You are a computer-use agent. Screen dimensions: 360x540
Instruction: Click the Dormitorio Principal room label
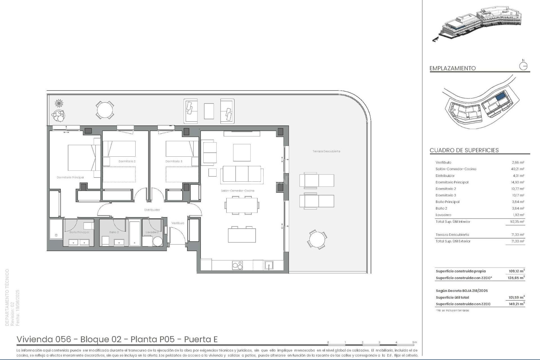pyautogui.click(x=70, y=177)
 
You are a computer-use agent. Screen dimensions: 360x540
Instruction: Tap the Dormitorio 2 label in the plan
pyautogui.click(x=127, y=161)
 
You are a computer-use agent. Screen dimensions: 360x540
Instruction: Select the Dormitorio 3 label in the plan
pyautogui.click(x=174, y=161)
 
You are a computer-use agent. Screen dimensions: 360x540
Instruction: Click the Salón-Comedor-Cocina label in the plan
pyautogui.click(x=237, y=191)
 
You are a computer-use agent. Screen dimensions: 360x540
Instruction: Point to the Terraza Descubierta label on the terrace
pyautogui.click(x=326, y=151)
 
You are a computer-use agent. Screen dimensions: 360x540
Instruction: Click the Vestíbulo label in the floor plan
pyautogui.click(x=178, y=223)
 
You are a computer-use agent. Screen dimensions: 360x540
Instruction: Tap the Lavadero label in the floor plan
pyautogui.click(x=152, y=232)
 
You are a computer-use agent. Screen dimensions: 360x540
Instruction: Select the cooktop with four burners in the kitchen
pyautogui.click(x=237, y=265)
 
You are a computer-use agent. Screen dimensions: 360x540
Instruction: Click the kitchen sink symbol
pyautogui.click(x=269, y=265)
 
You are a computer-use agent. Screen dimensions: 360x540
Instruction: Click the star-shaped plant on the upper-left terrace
pyautogui.click(x=59, y=103)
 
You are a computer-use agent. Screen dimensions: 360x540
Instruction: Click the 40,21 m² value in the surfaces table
pyautogui.click(x=517, y=169)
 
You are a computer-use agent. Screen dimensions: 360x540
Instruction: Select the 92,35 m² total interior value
pyautogui.click(x=517, y=222)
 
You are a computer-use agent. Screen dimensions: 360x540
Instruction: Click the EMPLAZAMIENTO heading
pyautogui.click(x=453, y=68)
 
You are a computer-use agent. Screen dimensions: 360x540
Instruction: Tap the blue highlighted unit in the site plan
pyautogui.click(x=500, y=97)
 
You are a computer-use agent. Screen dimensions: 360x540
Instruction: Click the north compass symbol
pyautogui.click(x=523, y=66)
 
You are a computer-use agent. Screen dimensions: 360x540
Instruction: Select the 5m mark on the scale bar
pyautogui.click(x=415, y=343)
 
